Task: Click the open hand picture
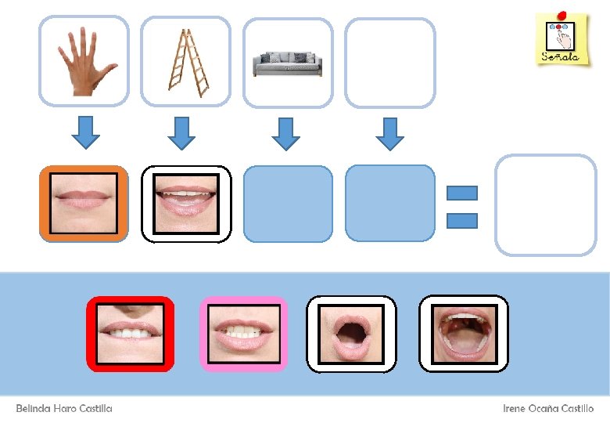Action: pos(84,61)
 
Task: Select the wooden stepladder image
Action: pos(186,61)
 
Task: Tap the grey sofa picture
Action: pos(288,62)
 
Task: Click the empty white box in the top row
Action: pos(389,62)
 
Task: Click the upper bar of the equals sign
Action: pos(461,193)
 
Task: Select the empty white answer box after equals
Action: pos(546,204)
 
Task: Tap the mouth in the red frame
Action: pos(130,334)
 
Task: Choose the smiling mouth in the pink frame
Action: pos(244,334)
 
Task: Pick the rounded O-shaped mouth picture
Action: pos(351,334)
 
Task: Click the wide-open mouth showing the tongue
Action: pos(464,334)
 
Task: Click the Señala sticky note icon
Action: pos(562,39)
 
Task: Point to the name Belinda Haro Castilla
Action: pos(64,409)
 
